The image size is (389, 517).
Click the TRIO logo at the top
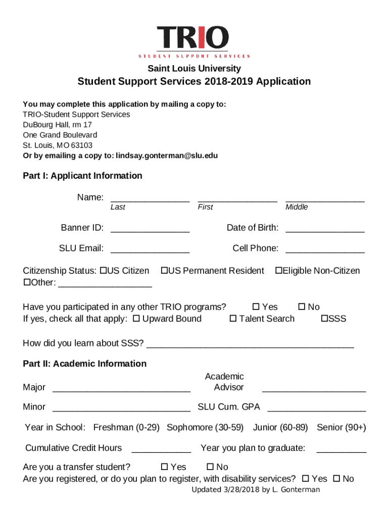click(x=194, y=41)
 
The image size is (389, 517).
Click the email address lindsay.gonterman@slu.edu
click(x=167, y=156)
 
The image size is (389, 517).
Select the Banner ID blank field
click(x=150, y=229)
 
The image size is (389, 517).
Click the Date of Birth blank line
click(x=325, y=229)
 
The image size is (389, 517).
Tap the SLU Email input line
click(x=150, y=249)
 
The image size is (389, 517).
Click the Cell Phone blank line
click(x=325, y=249)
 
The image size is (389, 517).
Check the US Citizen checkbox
click(x=103, y=271)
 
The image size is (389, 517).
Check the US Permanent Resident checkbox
click(x=164, y=271)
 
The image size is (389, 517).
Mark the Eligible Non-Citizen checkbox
click(x=278, y=271)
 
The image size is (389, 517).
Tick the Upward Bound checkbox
click(x=136, y=319)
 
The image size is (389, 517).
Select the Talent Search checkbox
click(x=233, y=319)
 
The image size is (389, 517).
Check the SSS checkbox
click(x=324, y=319)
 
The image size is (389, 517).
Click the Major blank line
click(x=121, y=388)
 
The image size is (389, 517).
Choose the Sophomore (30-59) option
click(x=205, y=428)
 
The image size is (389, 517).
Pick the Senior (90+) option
click(x=341, y=428)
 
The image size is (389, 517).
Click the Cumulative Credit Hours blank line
click(x=161, y=449)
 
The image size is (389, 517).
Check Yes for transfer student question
click(x=164, y=467)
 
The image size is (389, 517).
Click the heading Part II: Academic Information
click(x=85, y=364)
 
